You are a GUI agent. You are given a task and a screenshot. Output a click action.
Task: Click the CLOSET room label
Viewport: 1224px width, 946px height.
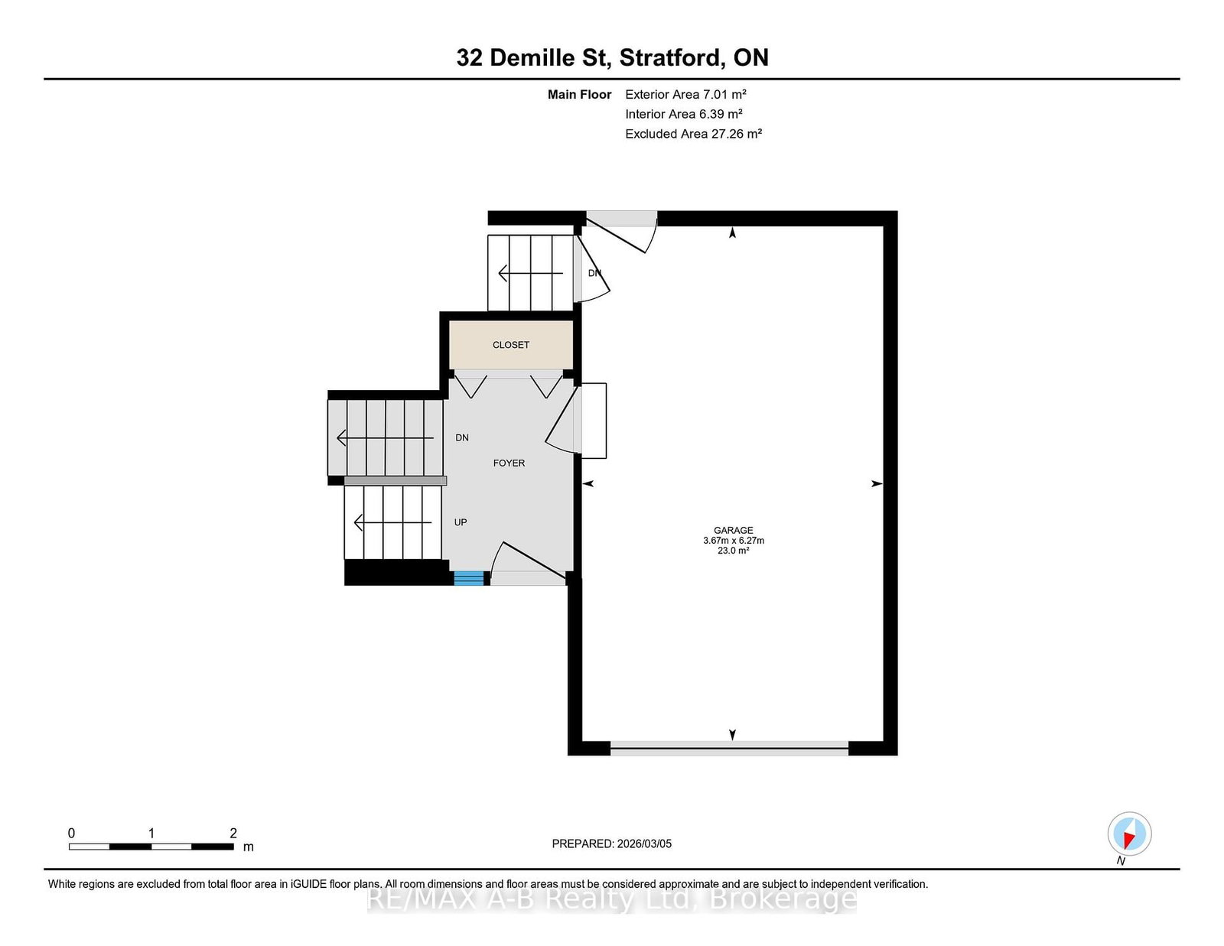[x=511, y=345]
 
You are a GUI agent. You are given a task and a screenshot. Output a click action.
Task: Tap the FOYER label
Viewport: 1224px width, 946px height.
[x=509, y=463]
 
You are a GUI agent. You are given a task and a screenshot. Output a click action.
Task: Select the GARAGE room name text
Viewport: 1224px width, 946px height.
[x=733, y=530]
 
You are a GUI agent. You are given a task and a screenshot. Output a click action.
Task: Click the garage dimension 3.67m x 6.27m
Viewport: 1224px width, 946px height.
[x=733, y=541]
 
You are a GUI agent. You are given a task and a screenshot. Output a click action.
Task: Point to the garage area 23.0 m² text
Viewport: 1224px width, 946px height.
[x=733, y=551]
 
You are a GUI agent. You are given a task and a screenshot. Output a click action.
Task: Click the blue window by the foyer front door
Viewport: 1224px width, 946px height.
[x=469, y=578]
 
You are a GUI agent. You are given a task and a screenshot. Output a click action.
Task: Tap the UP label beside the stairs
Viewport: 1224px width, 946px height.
[x=461, y=522]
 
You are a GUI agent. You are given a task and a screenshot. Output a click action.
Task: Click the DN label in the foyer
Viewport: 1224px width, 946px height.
[x=462, y=437]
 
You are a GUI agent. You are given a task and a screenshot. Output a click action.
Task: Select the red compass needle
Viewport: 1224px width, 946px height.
[x=1129, y=840]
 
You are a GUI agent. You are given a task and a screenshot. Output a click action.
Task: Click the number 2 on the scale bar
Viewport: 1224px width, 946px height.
[x=233, y=833]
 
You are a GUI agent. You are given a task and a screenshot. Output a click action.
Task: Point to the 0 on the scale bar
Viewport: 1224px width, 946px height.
[x=72, y=833]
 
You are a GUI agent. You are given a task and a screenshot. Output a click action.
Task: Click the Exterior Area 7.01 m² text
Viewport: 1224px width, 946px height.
[x=685, y=95]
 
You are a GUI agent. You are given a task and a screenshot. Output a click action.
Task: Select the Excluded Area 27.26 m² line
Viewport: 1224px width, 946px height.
[x=693, y=134]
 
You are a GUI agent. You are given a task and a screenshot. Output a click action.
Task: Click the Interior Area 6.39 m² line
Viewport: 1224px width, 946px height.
[x=683, y=114]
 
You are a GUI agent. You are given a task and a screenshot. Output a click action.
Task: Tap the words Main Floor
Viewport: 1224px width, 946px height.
[x=579, y=95]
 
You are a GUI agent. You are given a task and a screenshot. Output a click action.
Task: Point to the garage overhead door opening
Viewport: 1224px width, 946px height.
[x=729, y=749]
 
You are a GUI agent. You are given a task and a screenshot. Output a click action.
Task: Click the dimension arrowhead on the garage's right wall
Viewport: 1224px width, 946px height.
[x=877, y=483]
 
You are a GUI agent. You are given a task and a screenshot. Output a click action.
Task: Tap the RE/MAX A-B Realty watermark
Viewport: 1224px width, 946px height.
[x=612, y=899]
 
